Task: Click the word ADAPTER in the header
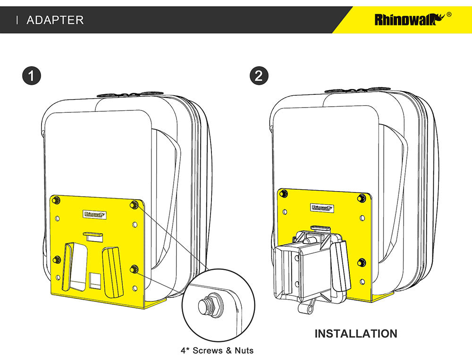55,20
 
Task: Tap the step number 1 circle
31,76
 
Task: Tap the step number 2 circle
258,76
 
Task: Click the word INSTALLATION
355,334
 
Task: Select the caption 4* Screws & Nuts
217,351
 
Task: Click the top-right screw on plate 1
135,204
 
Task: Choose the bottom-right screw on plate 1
134,269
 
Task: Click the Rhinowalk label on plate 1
95,214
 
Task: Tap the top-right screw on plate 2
362,197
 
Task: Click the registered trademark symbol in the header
448,15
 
